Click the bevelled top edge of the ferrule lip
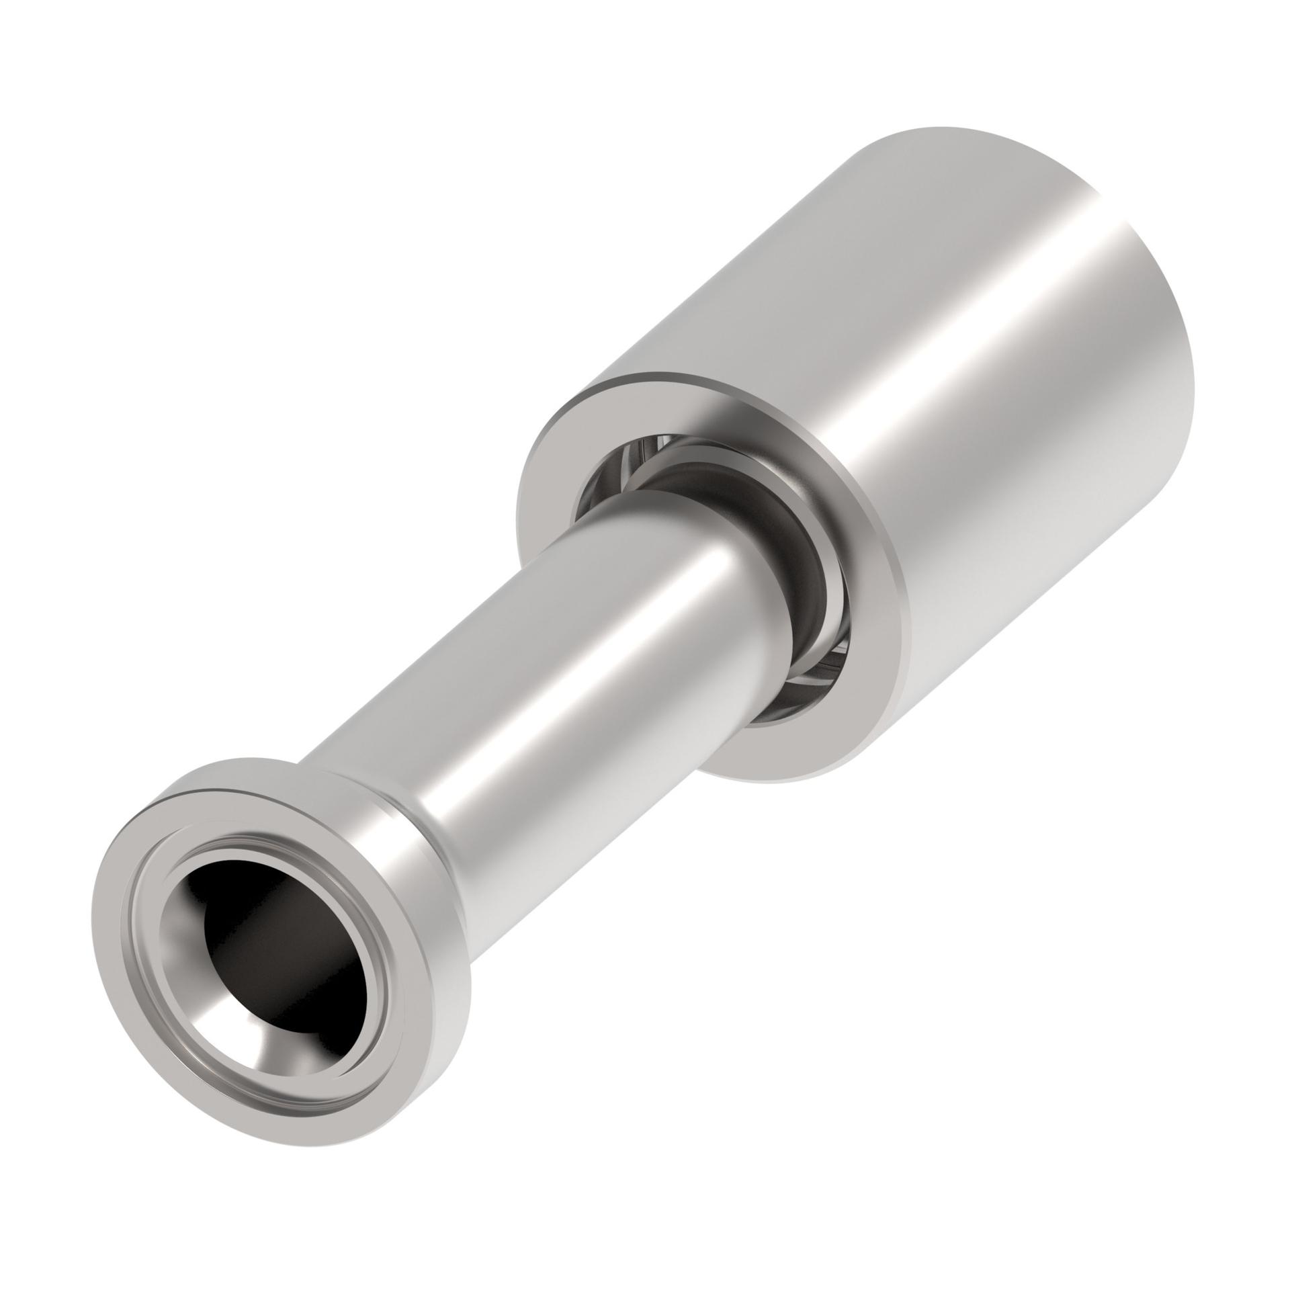(672, 383)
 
